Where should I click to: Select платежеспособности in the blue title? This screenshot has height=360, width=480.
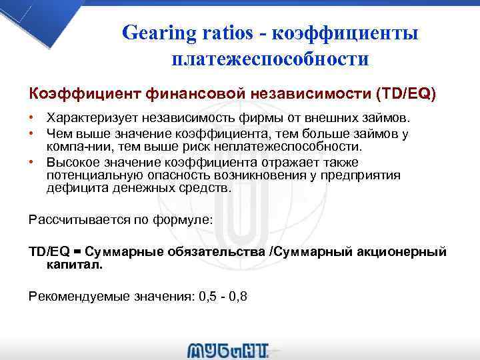point(270,59)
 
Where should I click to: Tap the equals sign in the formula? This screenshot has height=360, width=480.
point(77,252)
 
